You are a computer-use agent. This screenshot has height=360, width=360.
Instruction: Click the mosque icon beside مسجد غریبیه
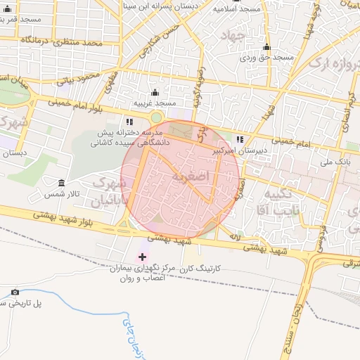pyautogui.click(x=155, y=92)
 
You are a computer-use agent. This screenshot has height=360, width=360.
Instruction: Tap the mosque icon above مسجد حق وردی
pyautogui.click(x=266, y=47)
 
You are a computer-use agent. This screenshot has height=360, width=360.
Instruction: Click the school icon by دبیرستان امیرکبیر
pyautogui.click(x=240, y=139)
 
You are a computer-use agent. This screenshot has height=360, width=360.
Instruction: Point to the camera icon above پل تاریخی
pyautogui.click(x=15, y=292)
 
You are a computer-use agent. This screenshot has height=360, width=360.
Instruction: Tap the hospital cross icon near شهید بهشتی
pyautogui.click(x=143, y=257)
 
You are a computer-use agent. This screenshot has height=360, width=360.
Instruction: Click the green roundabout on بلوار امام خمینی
pyautogui.click(x=156, y=117)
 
